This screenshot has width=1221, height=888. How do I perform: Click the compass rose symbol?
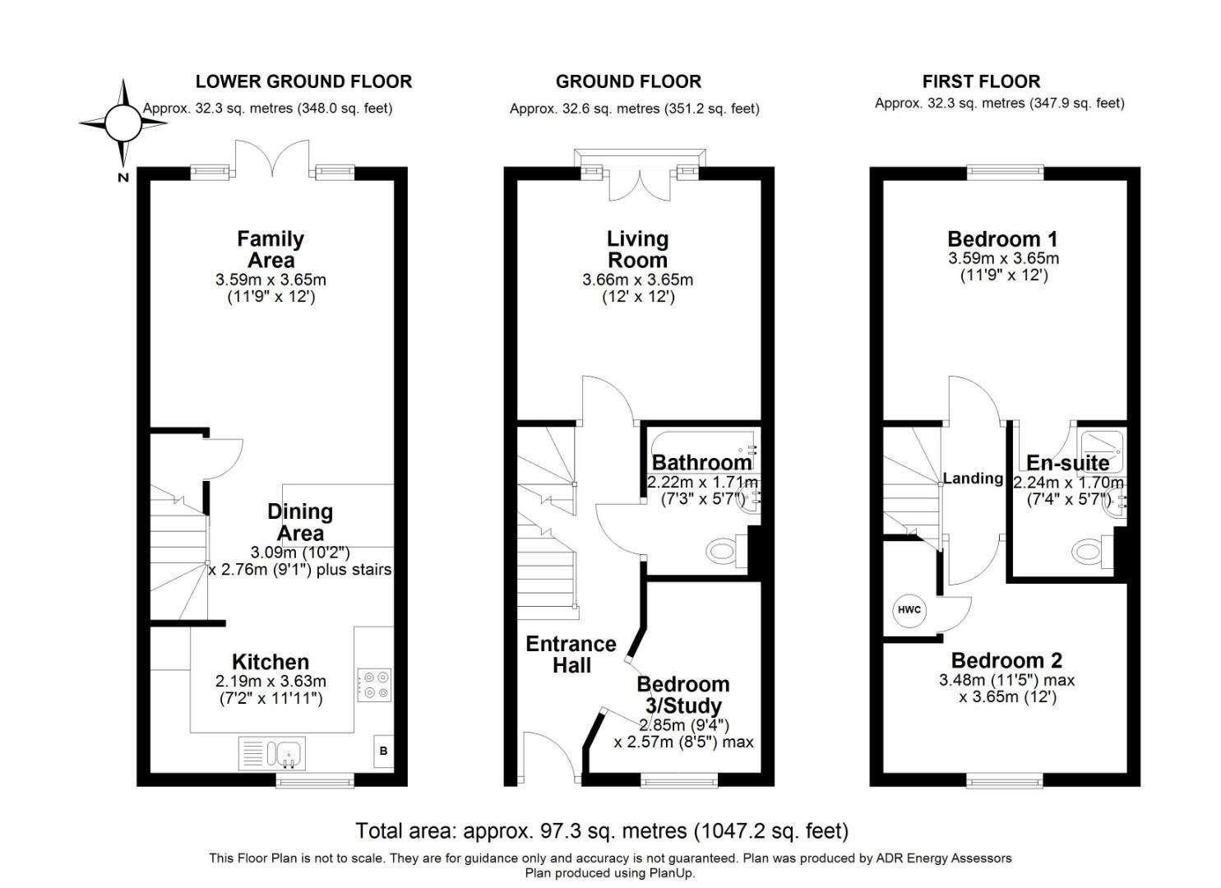pyautogui.click(x=123, y=123)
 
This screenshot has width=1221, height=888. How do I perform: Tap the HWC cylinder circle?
pyautogui.click(x=909, y=610)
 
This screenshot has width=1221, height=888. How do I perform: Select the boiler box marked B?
pyautogui.click(x=383, y=751)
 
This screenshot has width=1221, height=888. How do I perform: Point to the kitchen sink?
pyautogui.click(x=272, y=753)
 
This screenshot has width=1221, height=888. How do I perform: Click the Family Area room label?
pyautogui.click(x=271, y=249)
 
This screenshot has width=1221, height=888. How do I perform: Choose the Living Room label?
pyautogui.click(x=637, y=249)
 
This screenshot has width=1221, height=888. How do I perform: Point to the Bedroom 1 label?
pyautogui.click(x=1002, y=239)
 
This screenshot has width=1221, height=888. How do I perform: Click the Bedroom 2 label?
pyautogui.click(x=1006, y=660)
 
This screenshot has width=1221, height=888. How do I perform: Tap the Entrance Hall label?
pyautogui.click(x=571, y=654)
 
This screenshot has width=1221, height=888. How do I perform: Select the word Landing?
pyautogui.click(x=973, y=479)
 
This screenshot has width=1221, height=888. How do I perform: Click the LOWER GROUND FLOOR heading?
pyautogui.click(x=303, y=81)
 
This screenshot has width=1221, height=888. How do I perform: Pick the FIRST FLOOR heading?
pyautogui.click(x=981, y=81)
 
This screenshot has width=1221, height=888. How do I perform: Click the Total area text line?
pyautogui.click(x=601, y=830)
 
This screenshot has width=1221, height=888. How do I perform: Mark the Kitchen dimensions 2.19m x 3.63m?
pyautogui.click(x=271, y=681)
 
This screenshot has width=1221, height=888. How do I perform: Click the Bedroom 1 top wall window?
pyautogui.click(x=1005, y=173)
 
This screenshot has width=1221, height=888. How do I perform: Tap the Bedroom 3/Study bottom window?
pyautogui.click(x=679, y=779)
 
